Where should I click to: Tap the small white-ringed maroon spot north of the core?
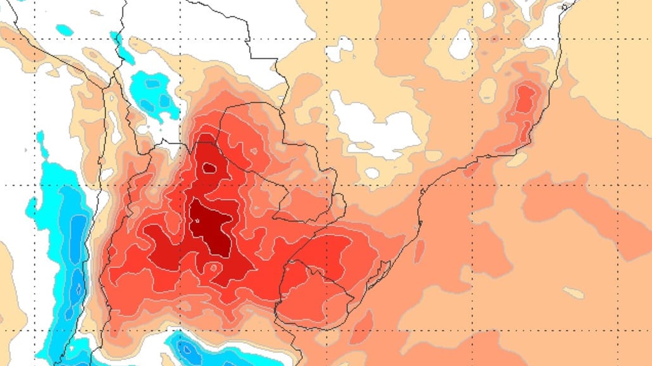tap(209, 168)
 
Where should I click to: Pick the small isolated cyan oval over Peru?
tap(64, 30)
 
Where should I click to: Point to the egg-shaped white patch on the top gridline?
tap(461, 44)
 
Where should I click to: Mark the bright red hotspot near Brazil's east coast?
tap(525, 100)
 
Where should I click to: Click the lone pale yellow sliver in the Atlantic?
tap(573, 293)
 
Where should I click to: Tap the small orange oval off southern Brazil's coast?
tap(419, 250)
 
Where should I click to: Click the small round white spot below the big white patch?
tap(372, 173)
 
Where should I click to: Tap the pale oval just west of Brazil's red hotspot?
tap(488, 90)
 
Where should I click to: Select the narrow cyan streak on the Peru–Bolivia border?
tap(122, 48)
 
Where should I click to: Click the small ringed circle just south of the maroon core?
tap(213, 268)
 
